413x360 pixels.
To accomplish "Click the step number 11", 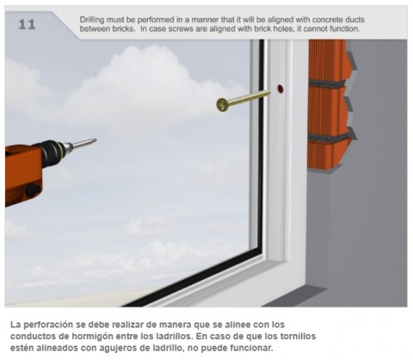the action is [27, 24].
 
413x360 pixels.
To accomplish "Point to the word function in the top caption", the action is [344, 29].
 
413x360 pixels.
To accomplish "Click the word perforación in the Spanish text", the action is [48, 325].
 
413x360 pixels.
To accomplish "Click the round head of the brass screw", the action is [222, 105].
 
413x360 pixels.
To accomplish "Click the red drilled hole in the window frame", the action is [280, 89].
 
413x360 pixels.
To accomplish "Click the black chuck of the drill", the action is [52, 153].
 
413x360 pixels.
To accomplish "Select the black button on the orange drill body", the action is [33, 189].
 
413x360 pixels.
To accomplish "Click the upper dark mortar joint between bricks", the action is [328, 84].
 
